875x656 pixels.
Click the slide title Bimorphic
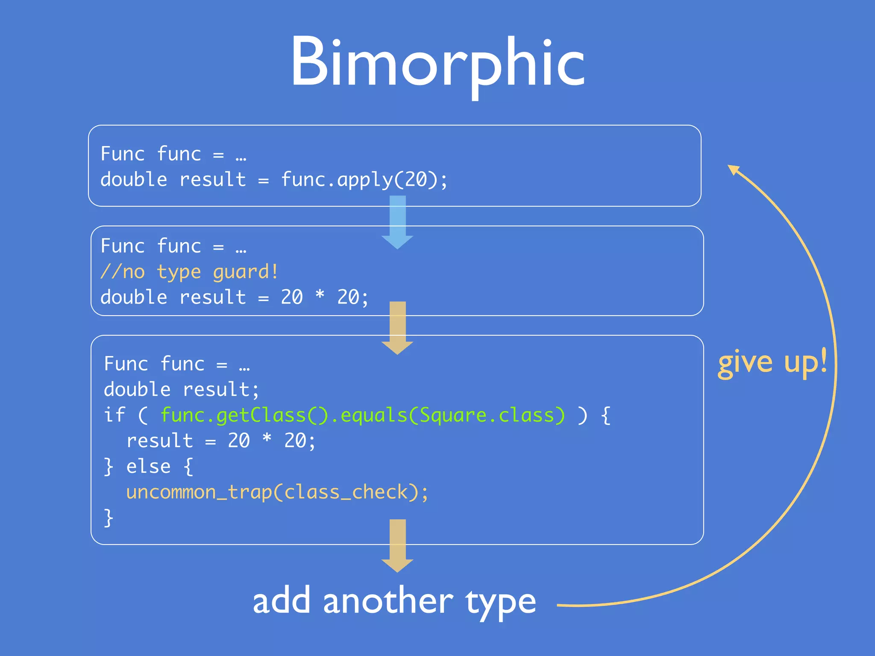(x=437, y=64)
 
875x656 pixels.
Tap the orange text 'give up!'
(x=772, y=363)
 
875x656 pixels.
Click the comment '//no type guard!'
(x=189, y=272)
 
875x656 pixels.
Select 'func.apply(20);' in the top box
(x=364, y=179)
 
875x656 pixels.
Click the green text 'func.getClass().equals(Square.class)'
(x=363, y=415)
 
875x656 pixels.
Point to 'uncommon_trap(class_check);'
(x=277, y=492)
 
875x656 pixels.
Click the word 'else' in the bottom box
(x=148, y=466)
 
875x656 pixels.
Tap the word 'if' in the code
(x=114, y=415)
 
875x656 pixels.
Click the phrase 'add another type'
(x=394, y=601)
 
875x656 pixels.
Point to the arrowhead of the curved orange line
(x=733, y=170)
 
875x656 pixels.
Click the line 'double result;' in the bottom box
(x=181, y=389)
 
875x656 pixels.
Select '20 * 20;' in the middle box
(x=324, y=297)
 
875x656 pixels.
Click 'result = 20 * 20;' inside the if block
(x=221, y=441)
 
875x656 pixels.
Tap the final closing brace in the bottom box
(x=109, y=518)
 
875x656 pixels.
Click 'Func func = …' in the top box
(x=173, y=154)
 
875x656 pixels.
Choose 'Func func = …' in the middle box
(x=173, y=246)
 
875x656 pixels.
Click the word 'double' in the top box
(x=134, y=179)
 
